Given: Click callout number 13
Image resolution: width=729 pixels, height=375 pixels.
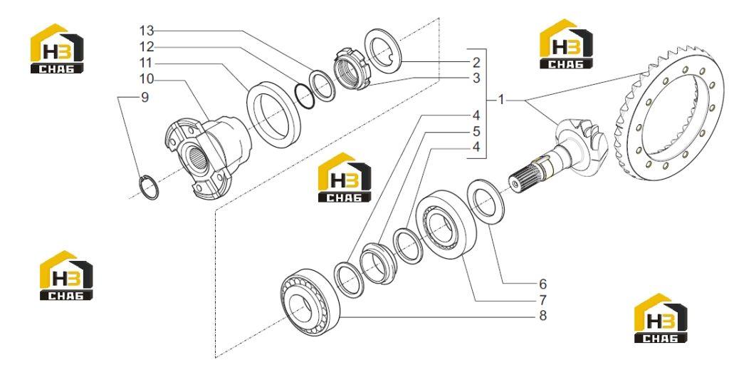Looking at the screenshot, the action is click(147, 31).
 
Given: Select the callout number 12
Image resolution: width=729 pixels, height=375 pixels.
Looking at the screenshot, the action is click(147, 47).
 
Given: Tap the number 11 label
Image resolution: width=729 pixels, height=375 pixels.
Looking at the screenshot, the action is click(147, 63).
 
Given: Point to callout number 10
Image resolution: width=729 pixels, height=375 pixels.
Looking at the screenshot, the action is click(147, 78).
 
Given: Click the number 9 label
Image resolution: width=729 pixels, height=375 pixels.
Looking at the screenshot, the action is click(145, 98).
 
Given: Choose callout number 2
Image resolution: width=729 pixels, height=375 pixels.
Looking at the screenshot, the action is click(476, 63).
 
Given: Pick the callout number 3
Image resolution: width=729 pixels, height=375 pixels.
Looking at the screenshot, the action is click(476, 78).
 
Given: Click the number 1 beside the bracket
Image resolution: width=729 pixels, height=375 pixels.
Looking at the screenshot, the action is click(500, 100).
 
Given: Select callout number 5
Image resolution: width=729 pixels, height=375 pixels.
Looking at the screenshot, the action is click(476, 131).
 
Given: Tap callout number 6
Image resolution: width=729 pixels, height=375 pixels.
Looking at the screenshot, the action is click(542, 284).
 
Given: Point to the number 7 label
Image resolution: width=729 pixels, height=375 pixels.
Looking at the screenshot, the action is click(542, 299).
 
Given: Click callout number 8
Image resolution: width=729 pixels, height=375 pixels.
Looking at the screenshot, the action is click(542, 315).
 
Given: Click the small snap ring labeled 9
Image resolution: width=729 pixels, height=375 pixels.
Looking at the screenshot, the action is click(142, 184).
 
